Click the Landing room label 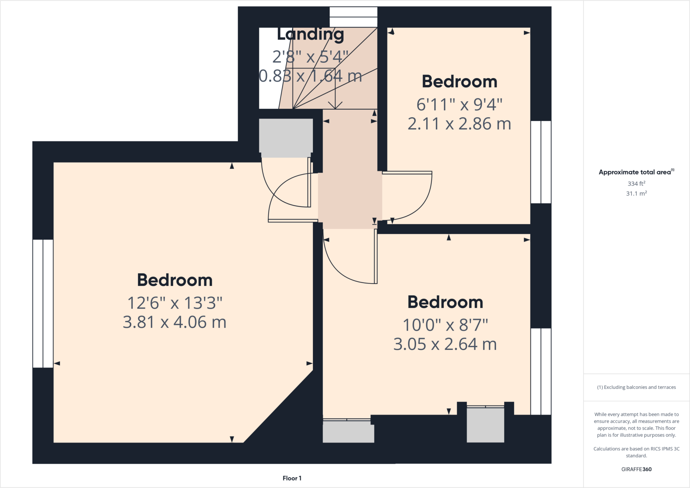click(x=310, y=35)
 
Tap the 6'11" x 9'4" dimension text click(x=459, y=105)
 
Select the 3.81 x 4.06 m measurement click(x=175, y=322)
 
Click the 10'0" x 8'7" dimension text click(x=445, y=325)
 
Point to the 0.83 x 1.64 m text click(x=310, y=76)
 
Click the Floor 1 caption click(x=292, y=478)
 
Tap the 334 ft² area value click(x=636, y=184)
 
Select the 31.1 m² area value click(x=636, y=194)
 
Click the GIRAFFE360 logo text click(x=636, y=469)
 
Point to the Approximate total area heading click(x=635, y=172)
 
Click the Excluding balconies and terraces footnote click(x=636, y=387)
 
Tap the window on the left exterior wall click(x=43, y=303)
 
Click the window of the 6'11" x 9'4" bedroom click(x=541, y=162)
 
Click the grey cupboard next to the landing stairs click(x=286, y=136)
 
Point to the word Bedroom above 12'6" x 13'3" click(x=175, y=280)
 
